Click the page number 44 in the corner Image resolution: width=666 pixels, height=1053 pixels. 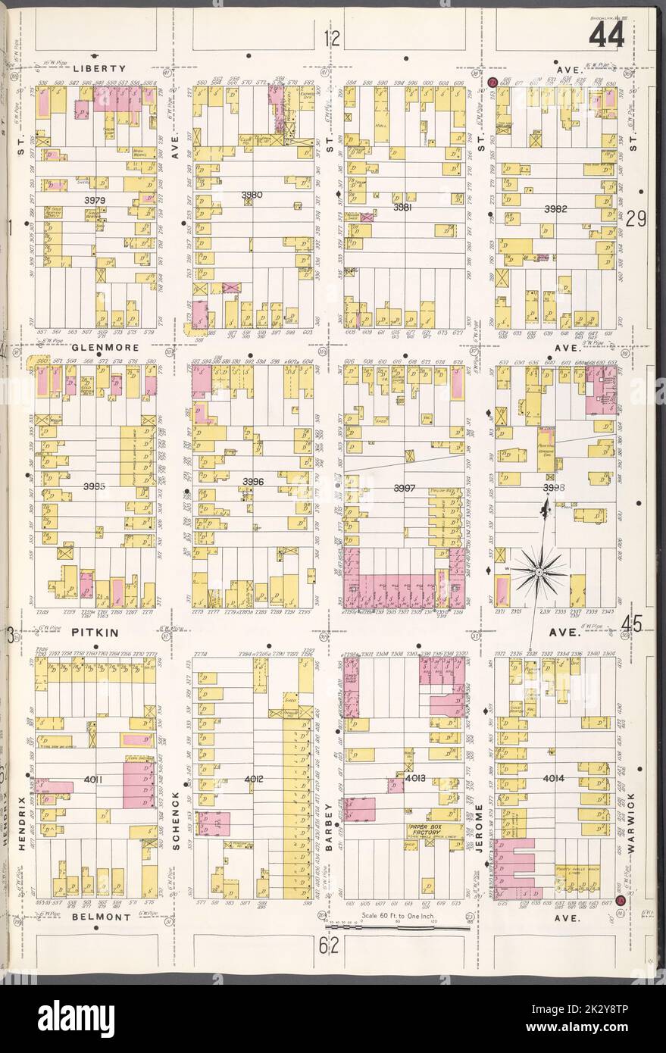point(605,35)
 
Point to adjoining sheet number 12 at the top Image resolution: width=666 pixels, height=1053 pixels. point(329,39)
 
